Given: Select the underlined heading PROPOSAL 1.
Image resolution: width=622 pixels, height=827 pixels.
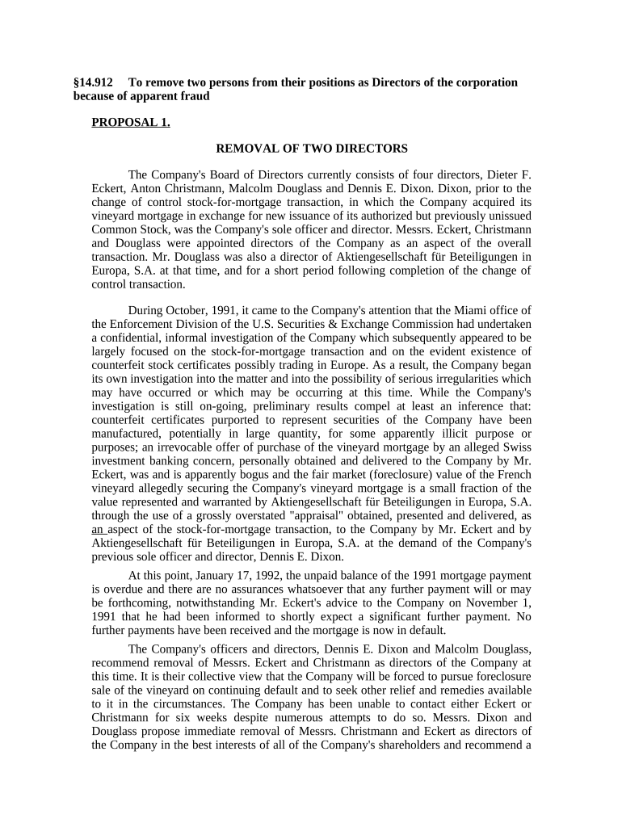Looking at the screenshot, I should click(131, 122).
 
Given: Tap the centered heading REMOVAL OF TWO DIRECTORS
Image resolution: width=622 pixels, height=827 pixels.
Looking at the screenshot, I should click(311, 149).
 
